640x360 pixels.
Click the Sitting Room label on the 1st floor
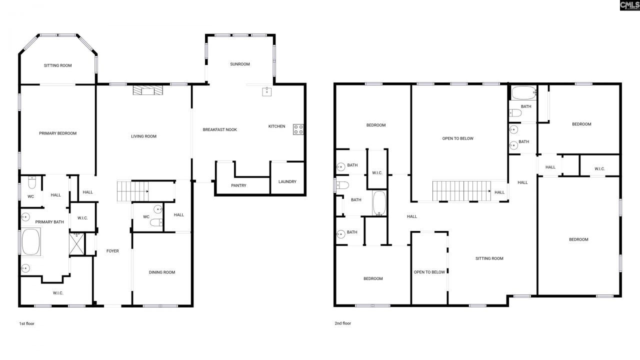[58, 65]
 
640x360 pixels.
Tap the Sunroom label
[239, 64]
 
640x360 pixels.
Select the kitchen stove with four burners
[298, 129]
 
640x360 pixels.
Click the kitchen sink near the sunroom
[267, 91]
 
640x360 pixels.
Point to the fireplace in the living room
[148, 90]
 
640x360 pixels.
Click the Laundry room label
[287, 181]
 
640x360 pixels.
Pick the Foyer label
[112, 250]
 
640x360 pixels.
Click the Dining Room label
[162, 272]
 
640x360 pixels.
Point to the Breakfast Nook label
[219, 129]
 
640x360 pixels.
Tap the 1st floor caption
[26, 323]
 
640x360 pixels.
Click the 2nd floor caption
[343, 323]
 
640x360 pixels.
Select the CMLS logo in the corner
[629, 5]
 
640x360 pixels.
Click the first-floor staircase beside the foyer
[133, 191]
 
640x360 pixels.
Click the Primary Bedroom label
[58, 133]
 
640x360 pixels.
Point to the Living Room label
[144, 136]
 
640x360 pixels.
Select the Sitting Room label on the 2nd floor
[489, 258]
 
